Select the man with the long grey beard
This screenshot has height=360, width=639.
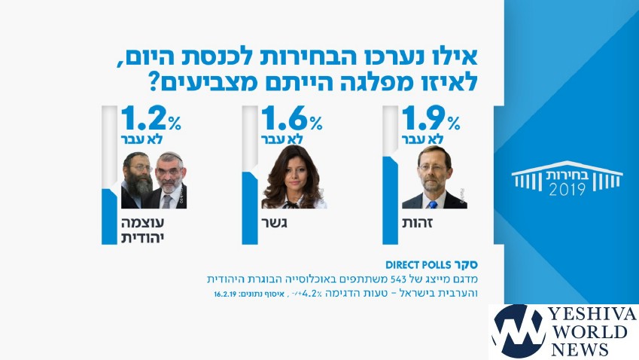(138, 181)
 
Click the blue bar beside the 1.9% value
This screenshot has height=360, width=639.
(390, 200)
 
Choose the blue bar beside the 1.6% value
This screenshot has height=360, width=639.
(249, 207)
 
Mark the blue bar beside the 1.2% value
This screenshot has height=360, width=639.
(109, 216)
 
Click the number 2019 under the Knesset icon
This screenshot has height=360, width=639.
(567, 191)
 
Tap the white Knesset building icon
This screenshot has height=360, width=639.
(567, 176)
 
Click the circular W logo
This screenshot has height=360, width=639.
(518, 331)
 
